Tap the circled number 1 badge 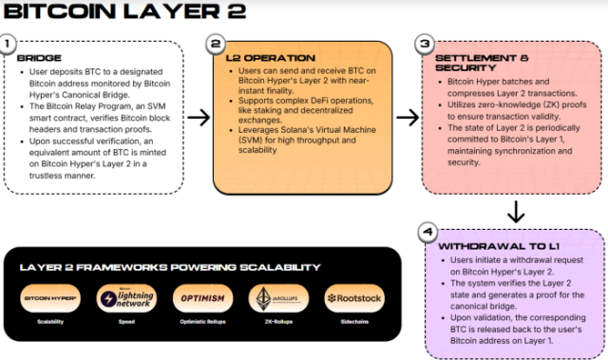[9, 44]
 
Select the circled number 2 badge [216, 44]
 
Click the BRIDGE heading [39, 58]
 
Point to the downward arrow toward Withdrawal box [513, 210]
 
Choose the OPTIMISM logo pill [200, 298]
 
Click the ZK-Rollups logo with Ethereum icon [273, 298]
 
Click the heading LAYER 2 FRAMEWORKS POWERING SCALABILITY [169, 267]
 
